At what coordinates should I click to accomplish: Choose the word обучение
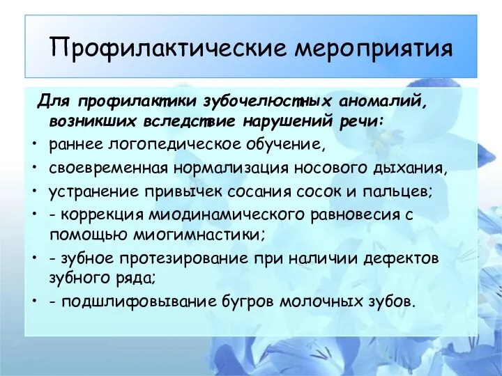(286, 144)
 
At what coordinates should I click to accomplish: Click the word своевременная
(109, 169)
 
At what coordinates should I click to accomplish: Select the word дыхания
(410, 169)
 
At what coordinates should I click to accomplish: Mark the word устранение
(93, 192)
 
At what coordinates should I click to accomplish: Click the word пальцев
(397, 192)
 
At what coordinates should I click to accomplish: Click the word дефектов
(402, 258)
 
